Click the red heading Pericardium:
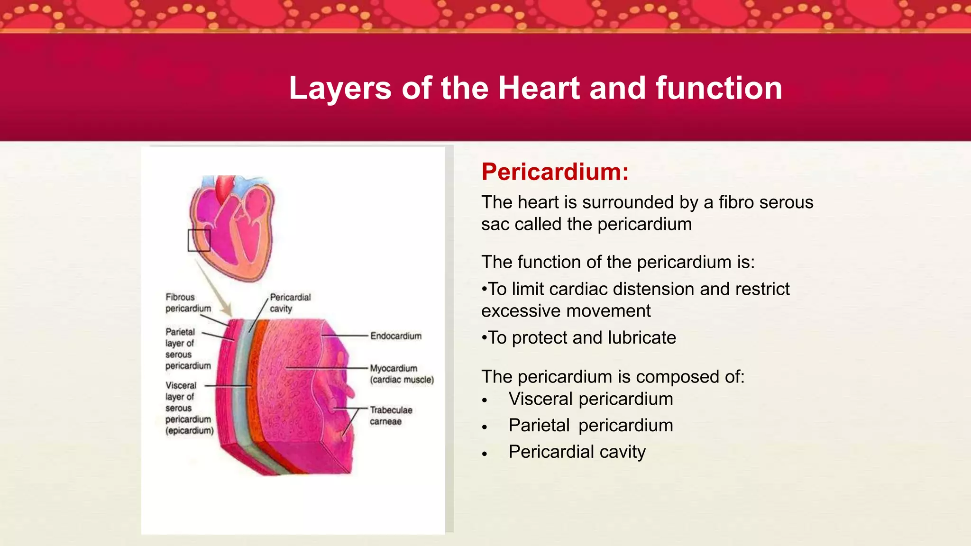click(x=555, y=172)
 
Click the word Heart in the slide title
click(x=539, y=88)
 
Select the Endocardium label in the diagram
click(x=396, y=336)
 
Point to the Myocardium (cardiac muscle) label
click(x=402, y=374)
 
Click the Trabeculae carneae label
click(x=391, y=416)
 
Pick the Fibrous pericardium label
click(x=188, y=303)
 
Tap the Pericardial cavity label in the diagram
click(x=290, y=303)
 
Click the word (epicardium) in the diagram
click(x=189, y=431)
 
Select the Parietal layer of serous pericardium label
click(x=187, y=349)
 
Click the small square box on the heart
click(x=199, y=240)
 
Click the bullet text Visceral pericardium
click(x=590, y=399)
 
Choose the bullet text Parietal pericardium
click(x=590, y=426)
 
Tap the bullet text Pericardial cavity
click(x=577, y=452)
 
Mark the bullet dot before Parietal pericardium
click(x=484, y=427)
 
